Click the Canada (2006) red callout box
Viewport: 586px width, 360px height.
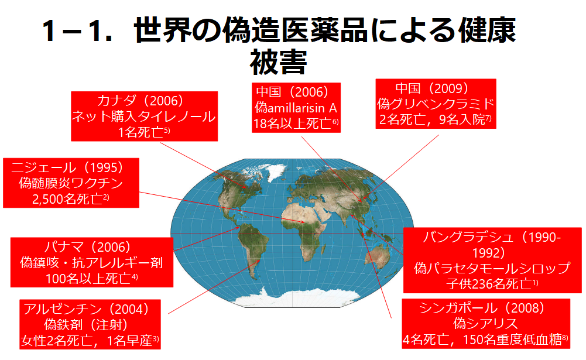144,116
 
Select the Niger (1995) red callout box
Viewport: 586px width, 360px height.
71,183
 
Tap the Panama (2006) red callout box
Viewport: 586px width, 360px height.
91,262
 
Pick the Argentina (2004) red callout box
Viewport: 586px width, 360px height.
90,324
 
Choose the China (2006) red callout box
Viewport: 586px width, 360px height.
296,108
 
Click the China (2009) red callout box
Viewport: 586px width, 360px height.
436,104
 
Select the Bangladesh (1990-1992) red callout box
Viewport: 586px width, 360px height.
492,260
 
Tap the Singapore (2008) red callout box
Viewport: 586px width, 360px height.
486,324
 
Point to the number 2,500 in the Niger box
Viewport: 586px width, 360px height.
47,199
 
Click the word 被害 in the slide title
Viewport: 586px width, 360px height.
279,62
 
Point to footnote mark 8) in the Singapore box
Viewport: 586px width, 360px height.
565,338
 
